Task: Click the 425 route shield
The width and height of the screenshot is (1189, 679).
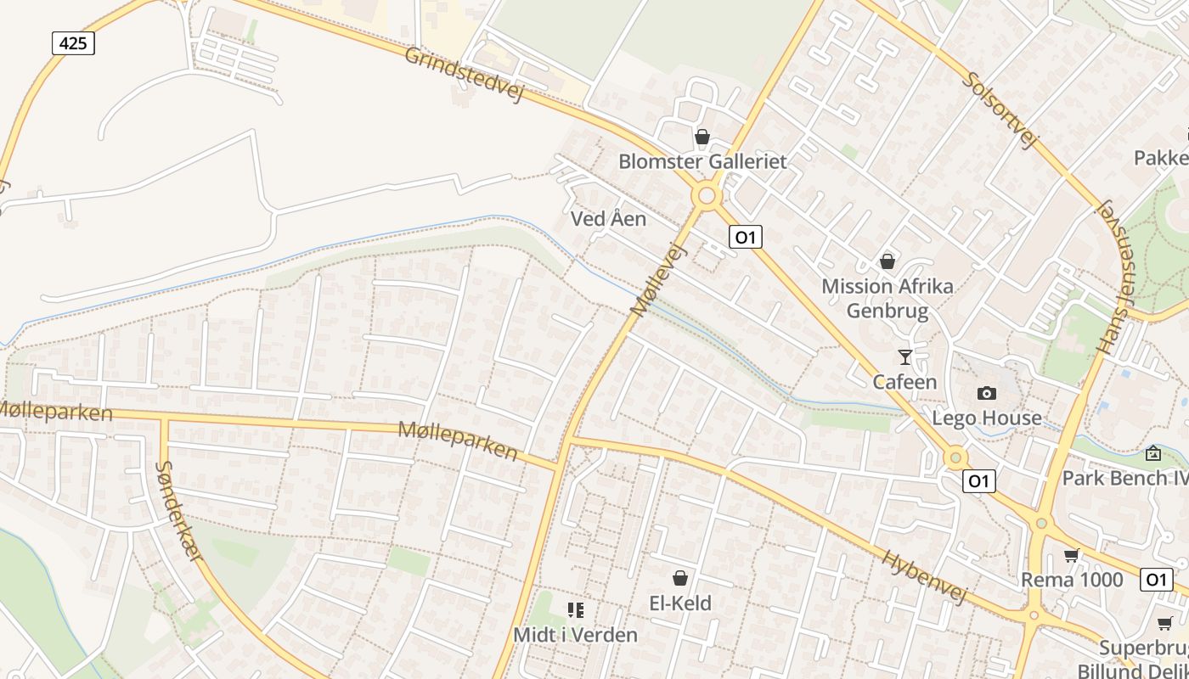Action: click(73, 42)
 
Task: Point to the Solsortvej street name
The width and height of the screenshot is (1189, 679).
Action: click(1001, 109)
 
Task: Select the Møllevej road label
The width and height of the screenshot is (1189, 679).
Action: click(658, 279)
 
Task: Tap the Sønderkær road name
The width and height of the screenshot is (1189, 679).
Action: click(181, 510)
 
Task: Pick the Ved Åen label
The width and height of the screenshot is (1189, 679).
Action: click(608, 219)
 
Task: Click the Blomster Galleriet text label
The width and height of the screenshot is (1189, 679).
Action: click(702, 161)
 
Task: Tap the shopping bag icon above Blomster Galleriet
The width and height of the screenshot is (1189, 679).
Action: click(702, 137)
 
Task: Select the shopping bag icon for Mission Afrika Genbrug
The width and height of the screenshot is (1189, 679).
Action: click(888, 261)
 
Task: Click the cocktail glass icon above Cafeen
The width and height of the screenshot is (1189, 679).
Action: click(905, 357)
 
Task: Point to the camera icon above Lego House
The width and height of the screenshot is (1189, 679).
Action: click(987, 393)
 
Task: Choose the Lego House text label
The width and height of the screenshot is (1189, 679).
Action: click(987, 418)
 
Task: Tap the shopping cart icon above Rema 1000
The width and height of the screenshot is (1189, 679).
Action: click(1072, 556)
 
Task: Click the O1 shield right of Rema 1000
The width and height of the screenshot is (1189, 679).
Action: click(1156, 580)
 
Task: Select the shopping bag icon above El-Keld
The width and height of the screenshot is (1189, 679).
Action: click(680, 579)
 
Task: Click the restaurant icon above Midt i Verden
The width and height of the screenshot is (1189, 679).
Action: click(576, 610)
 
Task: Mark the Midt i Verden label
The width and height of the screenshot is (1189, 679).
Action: click(575, 634)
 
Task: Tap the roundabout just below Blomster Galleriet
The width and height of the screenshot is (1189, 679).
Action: click(707, 196)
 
